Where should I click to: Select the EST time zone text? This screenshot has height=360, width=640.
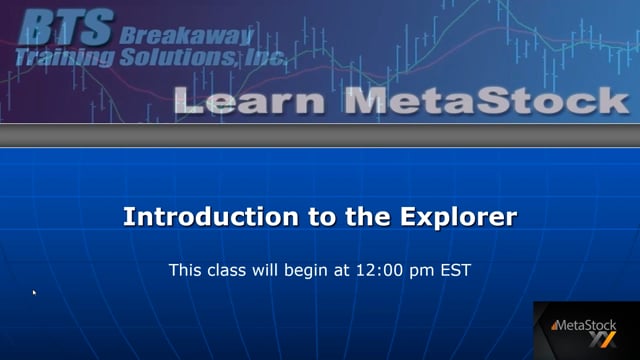pyautogui.click(x=453, y=270)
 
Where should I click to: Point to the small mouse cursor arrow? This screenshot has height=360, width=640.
pyautogui.click(x=34, y=293)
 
